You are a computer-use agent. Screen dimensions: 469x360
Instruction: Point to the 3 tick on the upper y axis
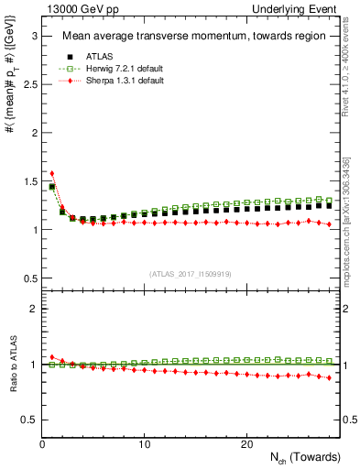[32, 36]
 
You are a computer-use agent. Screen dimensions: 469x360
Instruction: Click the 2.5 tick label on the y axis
[27, 84]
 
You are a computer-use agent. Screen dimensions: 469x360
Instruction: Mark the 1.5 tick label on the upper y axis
[27, 181]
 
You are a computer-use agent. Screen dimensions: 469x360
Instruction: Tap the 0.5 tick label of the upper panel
[27, 278]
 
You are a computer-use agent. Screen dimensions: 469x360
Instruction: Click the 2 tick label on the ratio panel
[32, 309]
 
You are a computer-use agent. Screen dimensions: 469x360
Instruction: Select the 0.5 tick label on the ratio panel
[27, 420]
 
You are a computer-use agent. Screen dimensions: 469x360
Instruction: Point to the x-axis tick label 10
[145, 444]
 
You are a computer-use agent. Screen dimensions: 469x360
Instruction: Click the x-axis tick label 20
[246, 444]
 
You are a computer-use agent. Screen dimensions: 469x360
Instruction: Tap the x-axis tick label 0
[42, 444]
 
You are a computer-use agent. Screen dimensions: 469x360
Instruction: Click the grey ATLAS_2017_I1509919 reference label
[191, 273]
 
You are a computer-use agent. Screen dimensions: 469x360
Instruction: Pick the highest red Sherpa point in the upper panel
[52, 173]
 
